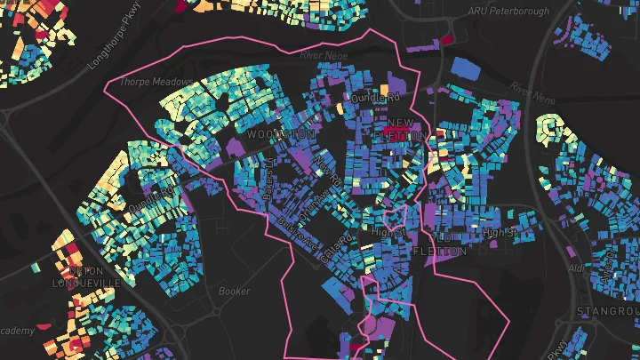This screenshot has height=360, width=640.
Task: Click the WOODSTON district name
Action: point(280,134)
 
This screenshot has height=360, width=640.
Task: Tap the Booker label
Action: point(235,291)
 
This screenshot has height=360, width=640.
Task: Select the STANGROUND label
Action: point(608,311)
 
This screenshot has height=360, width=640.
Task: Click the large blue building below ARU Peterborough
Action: point(465,67)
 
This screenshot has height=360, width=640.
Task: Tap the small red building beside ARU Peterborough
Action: point(448,38)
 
